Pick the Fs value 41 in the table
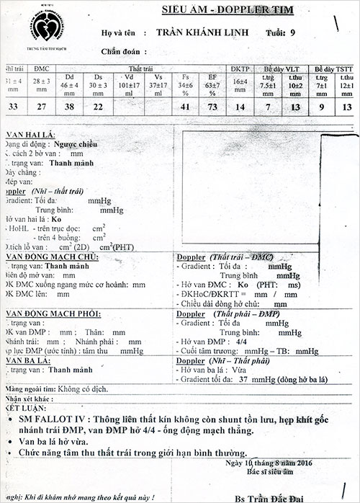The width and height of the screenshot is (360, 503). pos(185,106)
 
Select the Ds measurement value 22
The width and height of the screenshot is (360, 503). pos(97,106)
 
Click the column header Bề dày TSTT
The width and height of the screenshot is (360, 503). pos(333,66)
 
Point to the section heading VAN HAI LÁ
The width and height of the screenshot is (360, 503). pos(28,134)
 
